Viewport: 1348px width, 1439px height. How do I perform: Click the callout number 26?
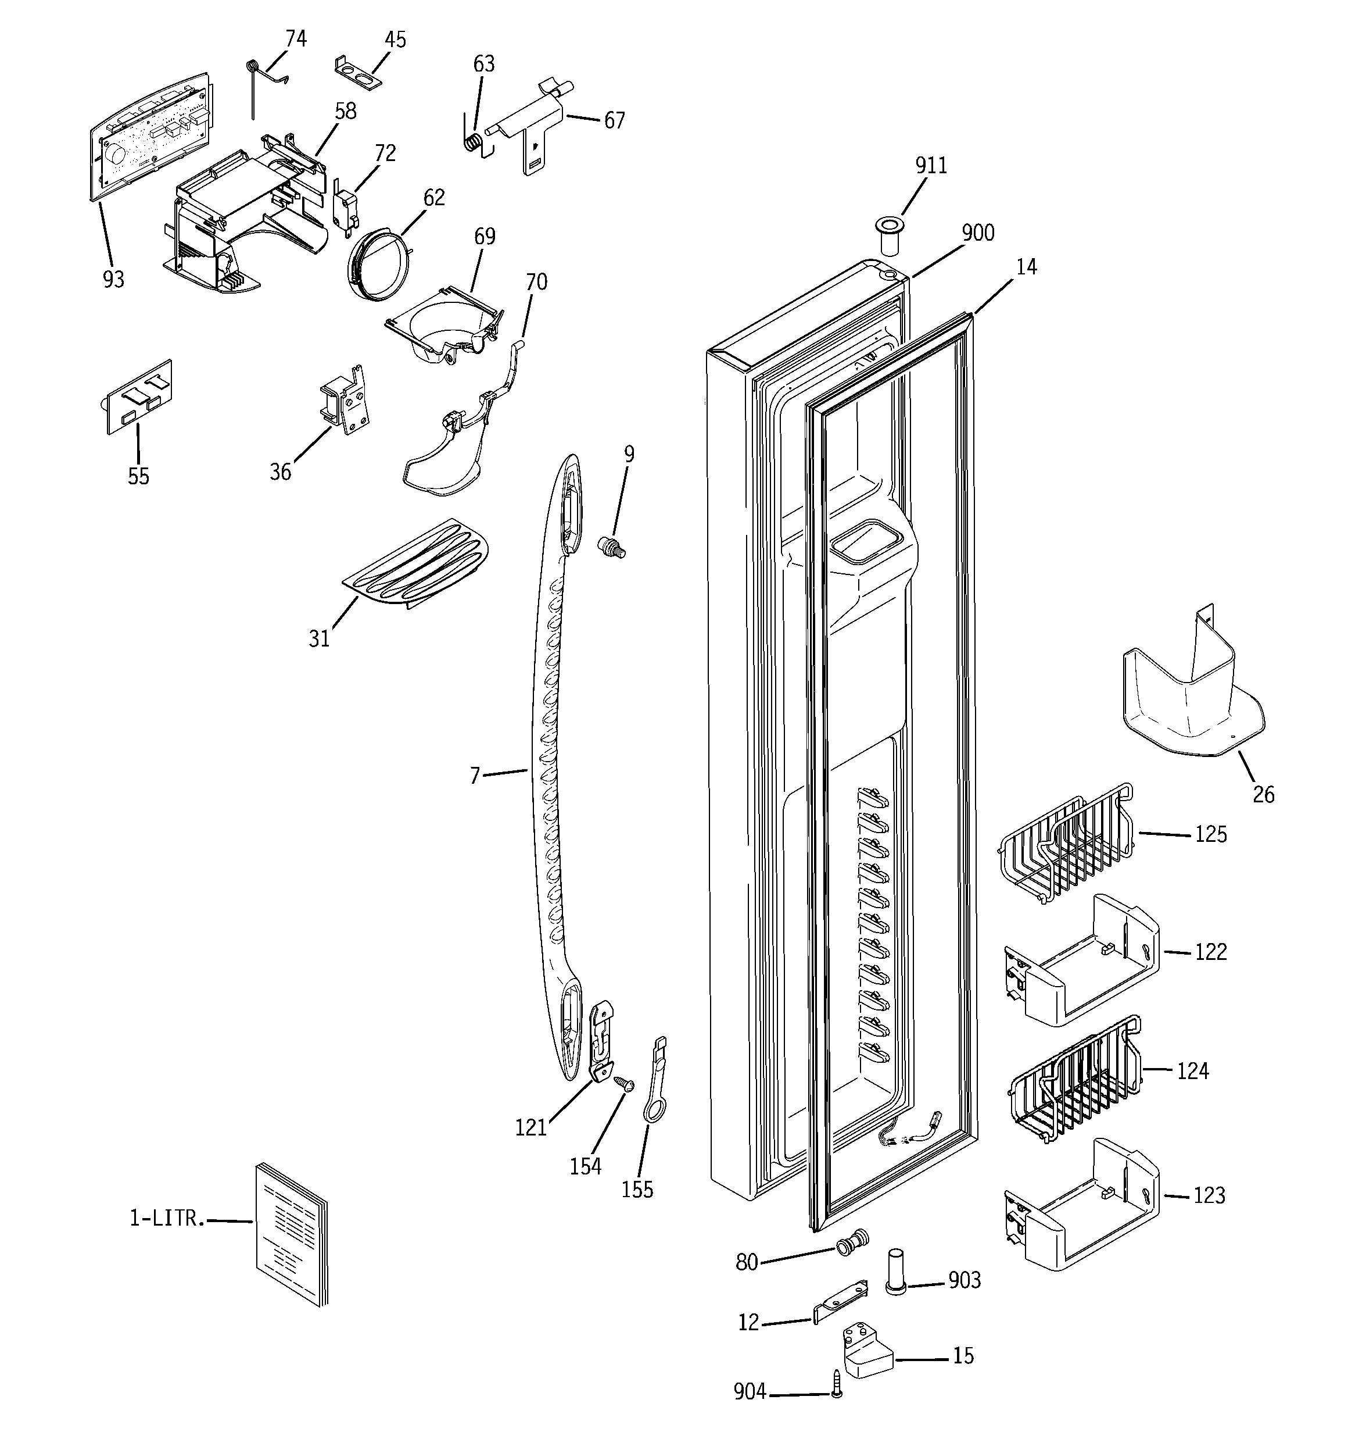click(x=1263, y=795)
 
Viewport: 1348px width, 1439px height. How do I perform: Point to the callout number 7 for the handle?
click(x=474, y=777)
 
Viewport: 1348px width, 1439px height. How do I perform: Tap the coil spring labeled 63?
click(x=472, y=142)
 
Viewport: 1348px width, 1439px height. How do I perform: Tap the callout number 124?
click(x=1192, y=1070)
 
